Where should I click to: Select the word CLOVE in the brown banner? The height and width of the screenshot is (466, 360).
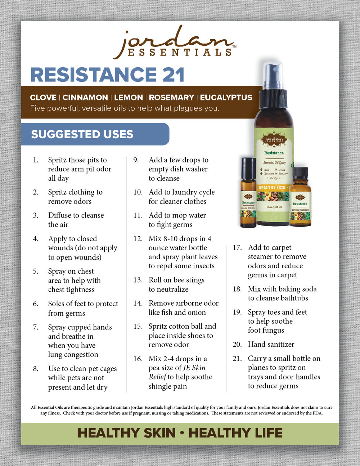pyautogui.click(x=43, y=98)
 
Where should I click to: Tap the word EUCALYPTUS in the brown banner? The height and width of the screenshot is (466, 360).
pyautogui.click(x=226, y=98)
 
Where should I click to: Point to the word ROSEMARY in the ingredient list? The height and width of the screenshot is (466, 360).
pyautogui.click(x=171, y=98)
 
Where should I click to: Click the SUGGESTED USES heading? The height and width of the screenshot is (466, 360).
pyautogui.click(x=82, y=134)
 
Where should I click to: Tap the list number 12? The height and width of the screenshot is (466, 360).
pyautogui.click(x=138, y=239)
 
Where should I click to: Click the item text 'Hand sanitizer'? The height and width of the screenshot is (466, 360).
pyautogui.click(x=271, y=344)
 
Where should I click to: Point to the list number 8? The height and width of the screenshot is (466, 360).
pyautogui.click(x=36, y=369)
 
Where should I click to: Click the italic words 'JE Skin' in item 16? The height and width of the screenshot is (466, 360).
pyautogui.click(x=194, y=368)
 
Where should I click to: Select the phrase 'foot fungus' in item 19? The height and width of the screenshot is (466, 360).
pyautogui.click(x=266, y=330)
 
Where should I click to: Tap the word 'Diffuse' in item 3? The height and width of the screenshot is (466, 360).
pyautogui.click(x=60, y=215)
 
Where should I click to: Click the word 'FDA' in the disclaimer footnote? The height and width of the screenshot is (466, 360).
pyautogui.click(x=317, y=413)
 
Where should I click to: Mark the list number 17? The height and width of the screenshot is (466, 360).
pyautogui.click(x=237, y=247)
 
